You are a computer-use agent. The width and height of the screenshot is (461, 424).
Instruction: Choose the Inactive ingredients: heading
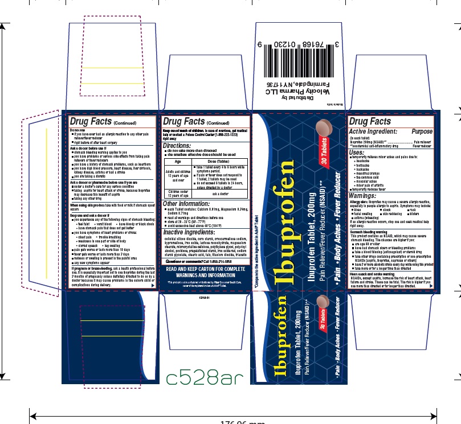190,233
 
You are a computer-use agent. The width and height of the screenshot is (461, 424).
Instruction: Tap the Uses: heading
357,152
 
